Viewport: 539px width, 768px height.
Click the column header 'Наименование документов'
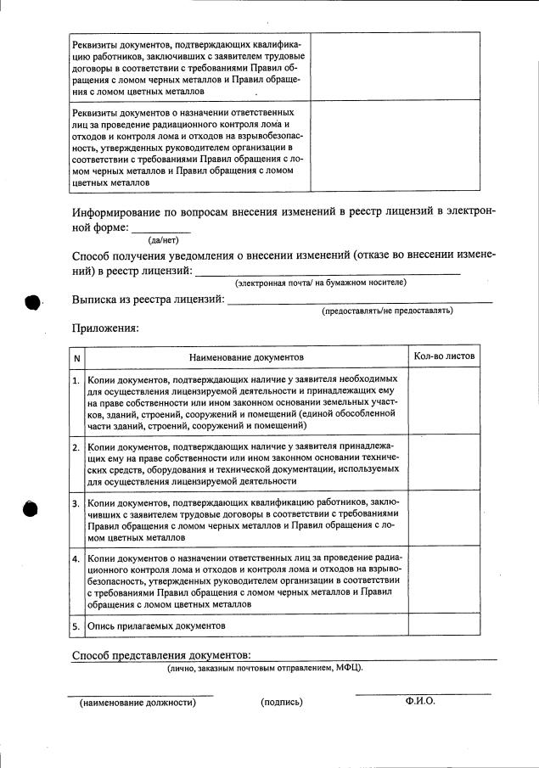click(246, 358)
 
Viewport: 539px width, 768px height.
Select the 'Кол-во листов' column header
click(444, 356)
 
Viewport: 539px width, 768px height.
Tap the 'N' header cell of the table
click(76, 358)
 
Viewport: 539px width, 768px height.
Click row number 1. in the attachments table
click(76, 381)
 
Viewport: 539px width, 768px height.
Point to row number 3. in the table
click(76, 504)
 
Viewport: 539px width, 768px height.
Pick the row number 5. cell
click(76, 625)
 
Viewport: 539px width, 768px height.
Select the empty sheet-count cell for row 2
click(444, 462)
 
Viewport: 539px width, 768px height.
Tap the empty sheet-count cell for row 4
click(444, 581)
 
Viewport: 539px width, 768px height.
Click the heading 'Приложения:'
click(105, 328)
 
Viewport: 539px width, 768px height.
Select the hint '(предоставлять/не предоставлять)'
click(386, 311)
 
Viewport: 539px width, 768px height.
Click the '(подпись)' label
click(282, 703)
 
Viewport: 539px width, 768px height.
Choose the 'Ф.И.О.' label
click(420, 702)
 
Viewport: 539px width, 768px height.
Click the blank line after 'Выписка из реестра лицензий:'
click(360, 300)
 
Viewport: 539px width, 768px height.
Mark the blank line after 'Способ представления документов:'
click(373, 658)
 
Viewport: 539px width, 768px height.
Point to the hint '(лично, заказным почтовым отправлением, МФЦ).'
click(264, 669)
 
